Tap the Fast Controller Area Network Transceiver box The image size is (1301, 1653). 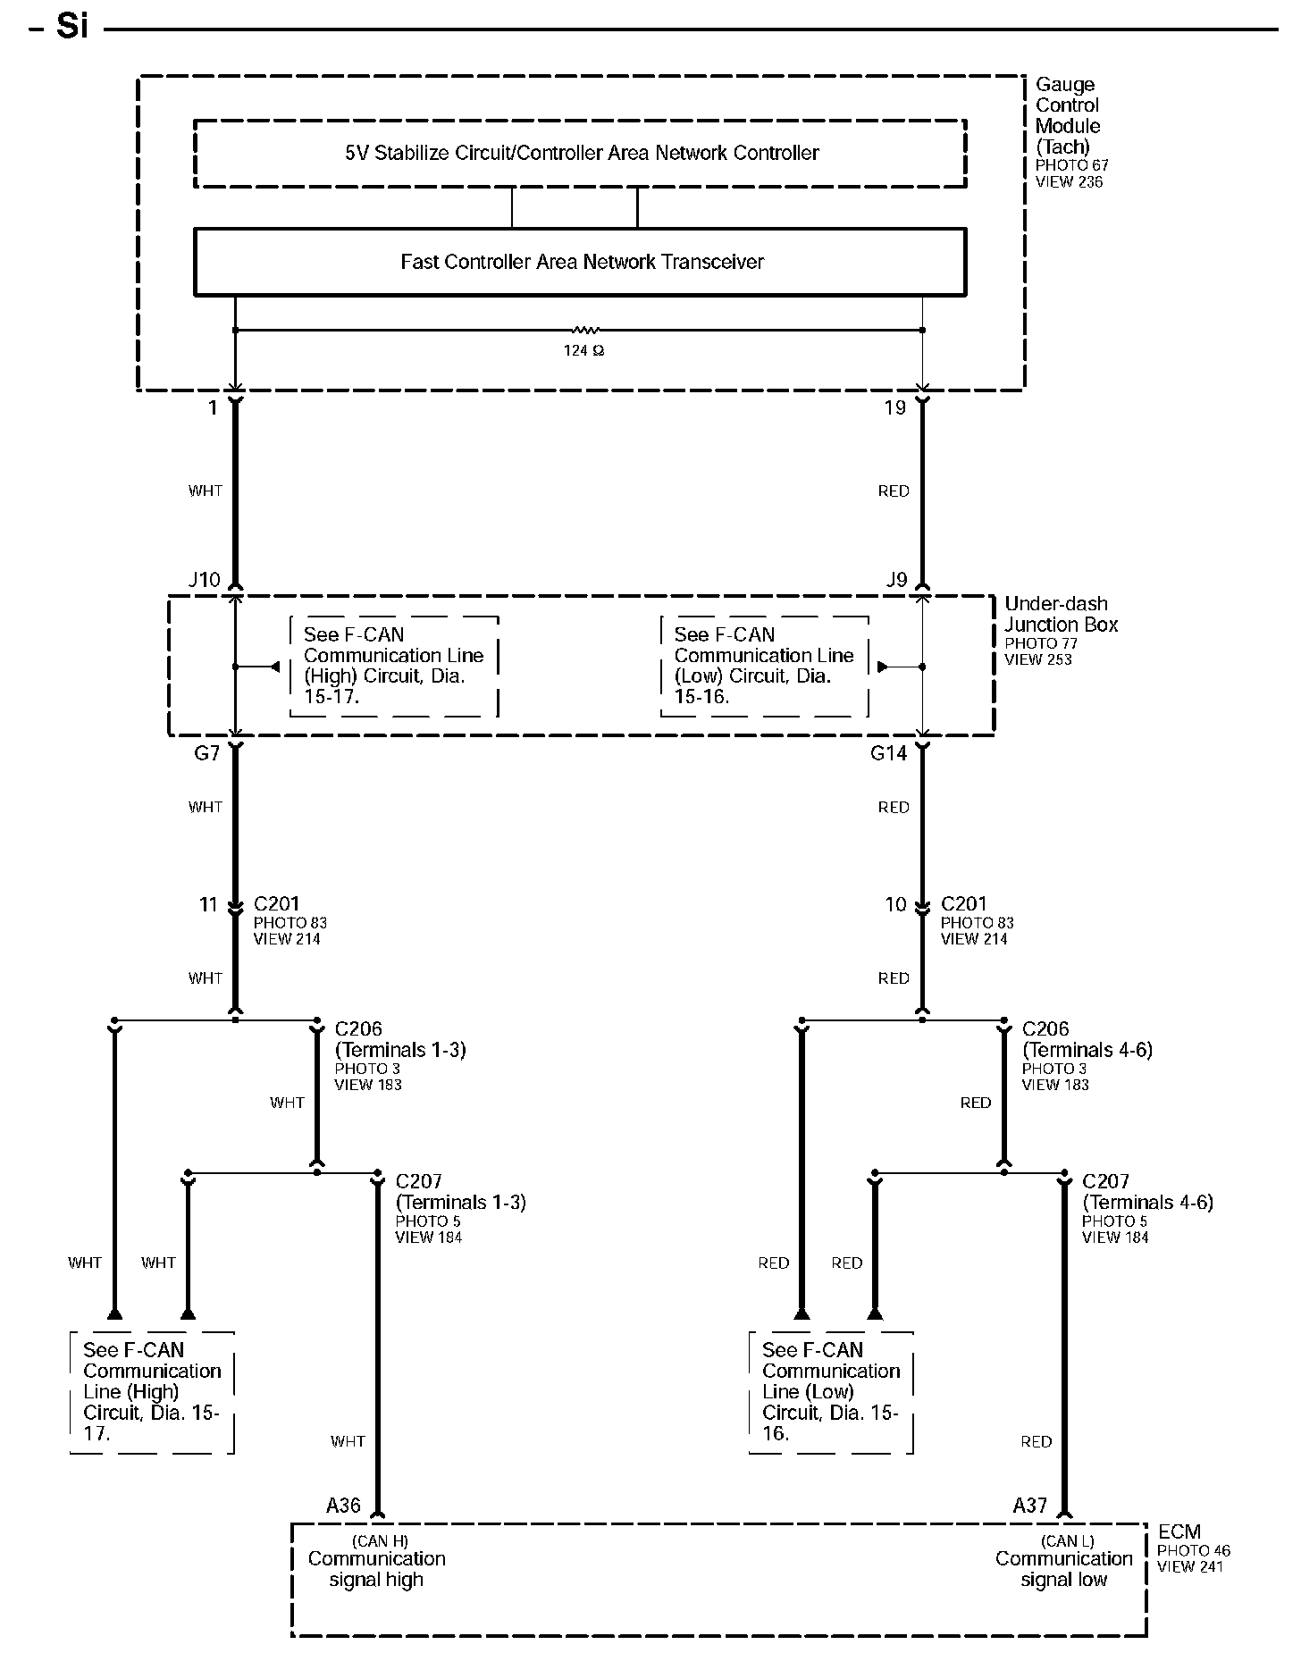pos(580,262)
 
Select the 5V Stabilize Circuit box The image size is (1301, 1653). pos(580,153)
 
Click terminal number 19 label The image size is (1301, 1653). pos(894,408)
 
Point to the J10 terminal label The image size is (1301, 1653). pos(205,580)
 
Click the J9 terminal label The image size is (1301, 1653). pos(896,580)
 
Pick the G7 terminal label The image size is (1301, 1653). pos(206,753)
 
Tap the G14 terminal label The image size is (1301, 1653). pos(888,753)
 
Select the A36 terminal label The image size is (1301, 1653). pos(343,1506)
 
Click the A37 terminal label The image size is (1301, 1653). pos(1029,1506)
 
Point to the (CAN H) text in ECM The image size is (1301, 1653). pos(380,1540)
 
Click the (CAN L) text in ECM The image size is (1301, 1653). pos(1067,1540)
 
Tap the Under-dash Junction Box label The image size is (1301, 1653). pos(1061,615)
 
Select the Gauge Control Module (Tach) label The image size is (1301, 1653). pos(1067,115)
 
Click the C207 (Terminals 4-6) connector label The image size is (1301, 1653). pos(1146,1192)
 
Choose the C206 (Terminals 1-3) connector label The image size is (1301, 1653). pos(399,1039)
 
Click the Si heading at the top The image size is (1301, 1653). pos(71,27)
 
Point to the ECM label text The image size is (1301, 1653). pos(1179,1531)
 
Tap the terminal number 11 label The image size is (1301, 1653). pos(208,905)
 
